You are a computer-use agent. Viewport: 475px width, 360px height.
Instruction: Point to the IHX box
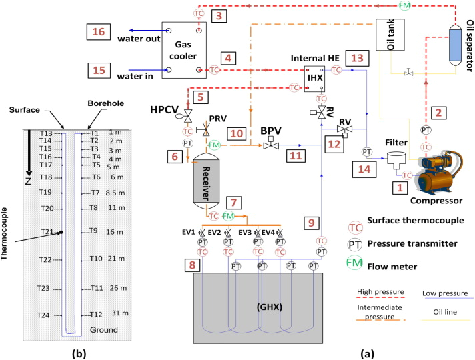[314, 78]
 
